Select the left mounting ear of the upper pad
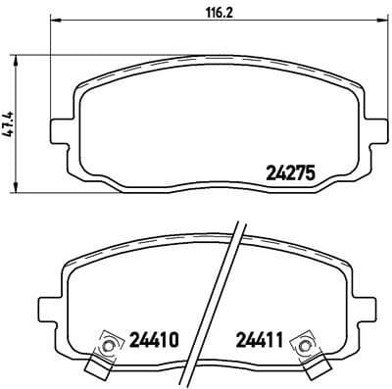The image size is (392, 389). coord(60,126)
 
